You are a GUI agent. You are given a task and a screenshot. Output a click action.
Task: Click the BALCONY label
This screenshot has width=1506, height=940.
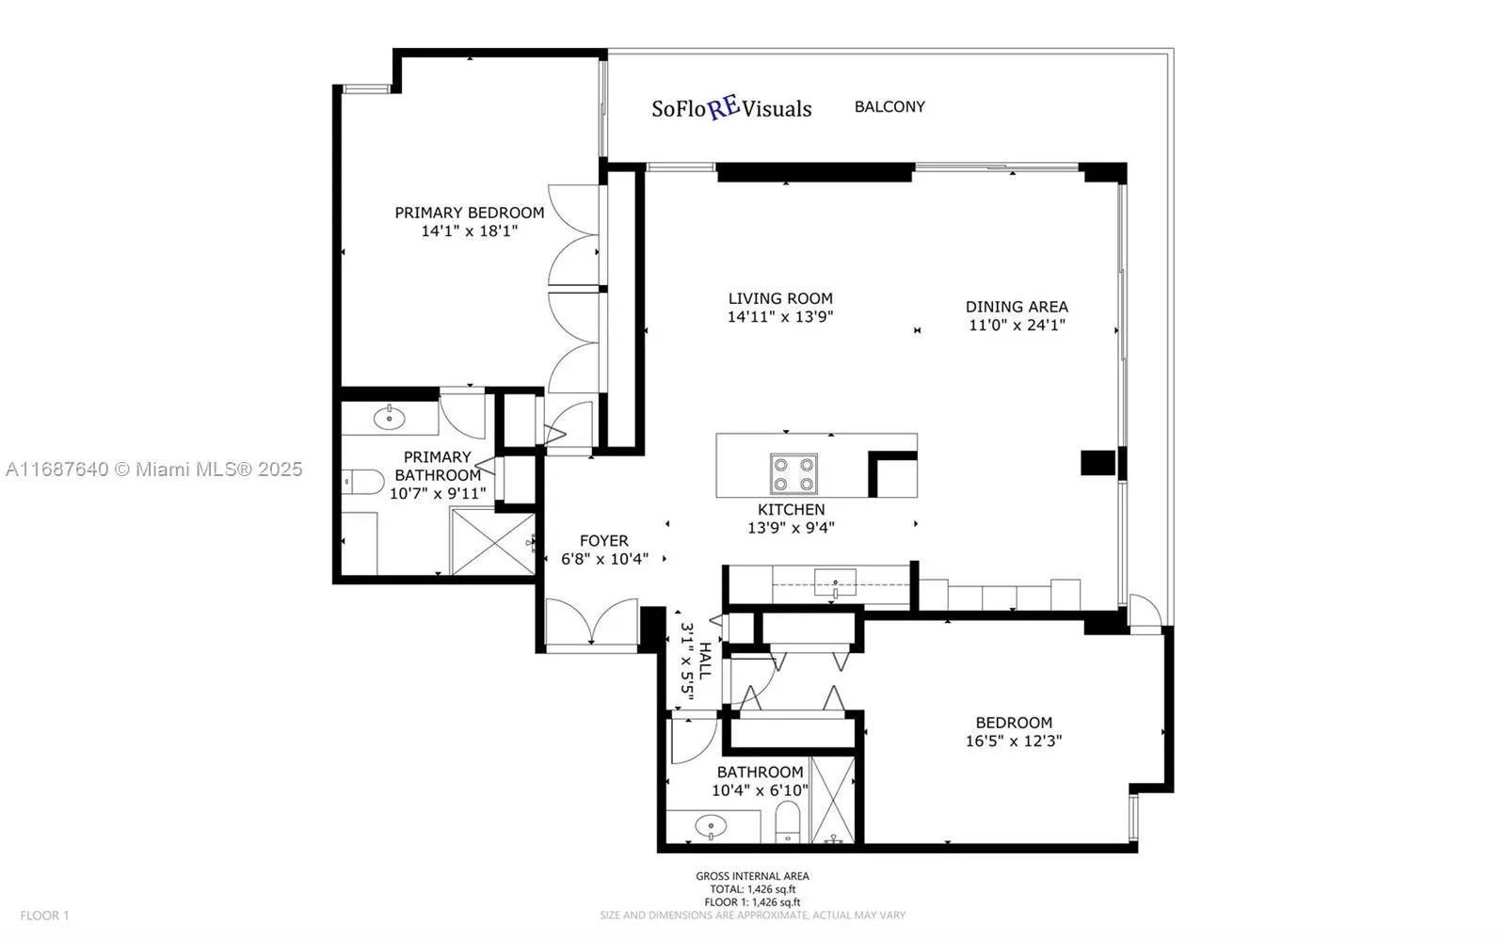point(889,107)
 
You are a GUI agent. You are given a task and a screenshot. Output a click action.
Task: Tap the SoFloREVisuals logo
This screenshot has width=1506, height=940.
point(731,108)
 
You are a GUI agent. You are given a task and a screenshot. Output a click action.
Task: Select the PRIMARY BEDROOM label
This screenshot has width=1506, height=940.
point(469,213)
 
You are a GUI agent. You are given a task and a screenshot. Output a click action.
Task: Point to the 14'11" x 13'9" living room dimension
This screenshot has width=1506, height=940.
point(780,317)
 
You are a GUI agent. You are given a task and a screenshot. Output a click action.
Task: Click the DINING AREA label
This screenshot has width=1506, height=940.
point(1017,307)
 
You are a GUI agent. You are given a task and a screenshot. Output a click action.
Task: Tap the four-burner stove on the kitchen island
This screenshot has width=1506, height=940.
point(793,473)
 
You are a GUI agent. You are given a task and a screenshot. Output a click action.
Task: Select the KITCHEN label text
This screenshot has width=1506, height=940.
point(791,509)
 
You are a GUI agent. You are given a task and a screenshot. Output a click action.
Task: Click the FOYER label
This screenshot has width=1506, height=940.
point(603,541)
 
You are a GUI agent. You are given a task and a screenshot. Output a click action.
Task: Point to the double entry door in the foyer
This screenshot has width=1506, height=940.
point(592,624)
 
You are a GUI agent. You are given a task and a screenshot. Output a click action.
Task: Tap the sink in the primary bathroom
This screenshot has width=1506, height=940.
point(389,417)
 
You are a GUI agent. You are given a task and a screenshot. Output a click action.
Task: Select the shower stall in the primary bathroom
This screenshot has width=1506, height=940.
point(492,541)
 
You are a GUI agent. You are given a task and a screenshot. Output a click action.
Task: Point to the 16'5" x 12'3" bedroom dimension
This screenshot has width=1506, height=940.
point(1013,741)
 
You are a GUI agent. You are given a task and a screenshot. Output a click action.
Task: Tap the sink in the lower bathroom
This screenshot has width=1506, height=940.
point(711,827)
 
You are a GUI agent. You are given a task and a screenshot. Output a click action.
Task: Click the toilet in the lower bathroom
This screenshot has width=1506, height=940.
point(787,821)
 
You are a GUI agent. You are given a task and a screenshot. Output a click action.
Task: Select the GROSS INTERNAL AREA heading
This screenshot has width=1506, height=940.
point(752,876)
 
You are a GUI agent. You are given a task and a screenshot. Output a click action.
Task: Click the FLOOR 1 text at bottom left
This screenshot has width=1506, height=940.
point(45,915)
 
